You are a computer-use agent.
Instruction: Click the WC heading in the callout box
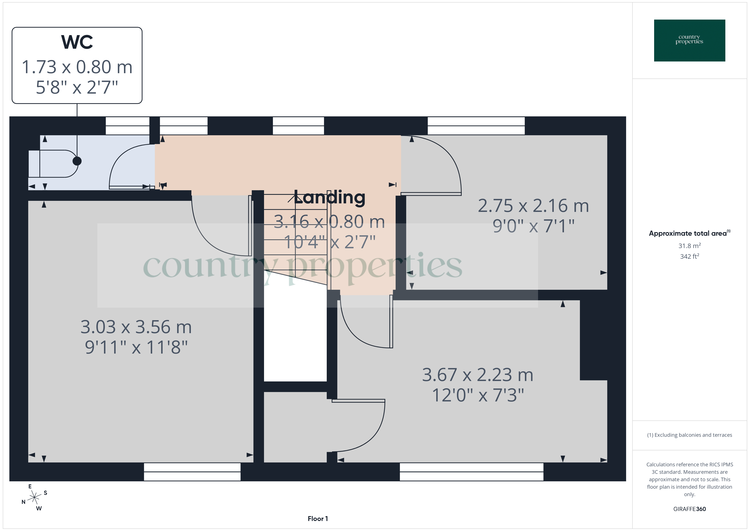(77, 42)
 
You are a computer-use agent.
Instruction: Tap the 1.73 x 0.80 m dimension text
(77, 67)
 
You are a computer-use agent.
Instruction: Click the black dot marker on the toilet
(77, 161)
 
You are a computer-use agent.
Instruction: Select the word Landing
(329, 197)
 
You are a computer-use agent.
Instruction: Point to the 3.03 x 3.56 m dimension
(136, 327)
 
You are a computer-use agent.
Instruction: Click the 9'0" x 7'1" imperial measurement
(533, 226)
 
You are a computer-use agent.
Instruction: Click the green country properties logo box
(689, 41)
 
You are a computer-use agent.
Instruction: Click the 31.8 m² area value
(689, 246)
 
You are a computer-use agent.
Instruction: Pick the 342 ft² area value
(689, 256)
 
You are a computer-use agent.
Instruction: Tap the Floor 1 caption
(318, 519)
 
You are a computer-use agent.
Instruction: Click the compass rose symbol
(34, 498)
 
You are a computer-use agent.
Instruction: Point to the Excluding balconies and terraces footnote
(689, 435)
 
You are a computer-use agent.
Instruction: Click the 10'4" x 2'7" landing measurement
(329, 242)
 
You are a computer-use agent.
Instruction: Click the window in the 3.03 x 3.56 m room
(192, 472)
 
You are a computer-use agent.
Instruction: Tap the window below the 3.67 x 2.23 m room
(471, 472)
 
